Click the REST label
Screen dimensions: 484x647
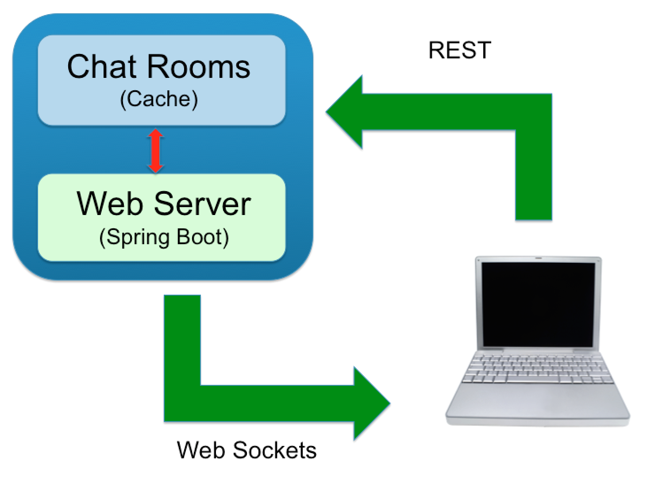tap(459, 50)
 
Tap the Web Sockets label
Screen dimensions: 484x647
tap(246, 450)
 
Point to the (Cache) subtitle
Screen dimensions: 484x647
tap(159, 99)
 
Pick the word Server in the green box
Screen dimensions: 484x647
tap(203, 204)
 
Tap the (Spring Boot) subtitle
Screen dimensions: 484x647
tap(164, 237)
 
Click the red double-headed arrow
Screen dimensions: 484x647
tap(155, 151)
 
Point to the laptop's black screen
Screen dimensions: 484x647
tap(538, 304)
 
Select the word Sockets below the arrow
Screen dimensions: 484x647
tap(275, 450)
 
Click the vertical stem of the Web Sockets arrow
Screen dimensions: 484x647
tap(182, 345)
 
